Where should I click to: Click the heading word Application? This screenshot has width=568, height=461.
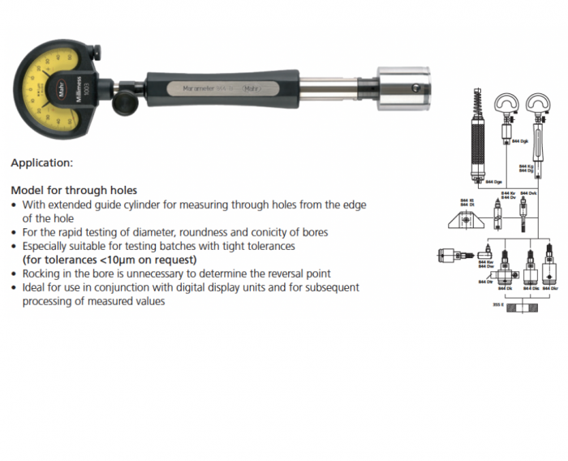pyautogui.click(x=41, y=162)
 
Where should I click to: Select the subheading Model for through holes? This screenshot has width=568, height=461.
pyautogui.click(x=74, y=190)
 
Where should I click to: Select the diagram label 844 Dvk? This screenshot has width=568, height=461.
pyautogui.click(x=529, y=193)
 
